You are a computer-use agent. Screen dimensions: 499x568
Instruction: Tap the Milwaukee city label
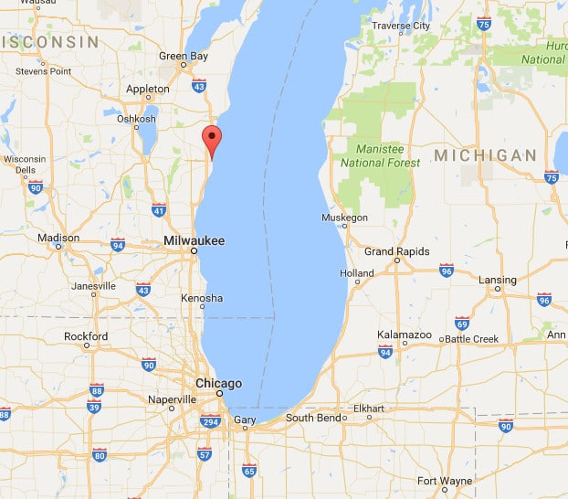[194, 240]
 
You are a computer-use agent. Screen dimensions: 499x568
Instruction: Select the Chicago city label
[218, 384]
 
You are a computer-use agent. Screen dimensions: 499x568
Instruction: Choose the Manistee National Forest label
[381, 156]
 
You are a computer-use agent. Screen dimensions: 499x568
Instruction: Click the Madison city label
[58, 238]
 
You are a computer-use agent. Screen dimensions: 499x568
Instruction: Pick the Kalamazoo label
[405, 335]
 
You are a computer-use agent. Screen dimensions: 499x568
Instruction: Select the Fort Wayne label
[445, 481]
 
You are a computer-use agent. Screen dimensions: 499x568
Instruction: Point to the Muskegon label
[345, 218]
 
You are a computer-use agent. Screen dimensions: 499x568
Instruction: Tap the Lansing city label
[498, 281]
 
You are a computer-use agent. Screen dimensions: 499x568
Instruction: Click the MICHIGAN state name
[485, 155]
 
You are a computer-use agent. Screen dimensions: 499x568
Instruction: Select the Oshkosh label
[136, 119]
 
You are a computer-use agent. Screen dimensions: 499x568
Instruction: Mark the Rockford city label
[86, 336]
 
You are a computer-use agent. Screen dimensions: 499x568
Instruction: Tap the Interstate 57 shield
[205, 454]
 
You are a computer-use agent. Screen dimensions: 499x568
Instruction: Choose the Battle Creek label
[472, 339]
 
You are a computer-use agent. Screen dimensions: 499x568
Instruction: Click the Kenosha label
[202, 299]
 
